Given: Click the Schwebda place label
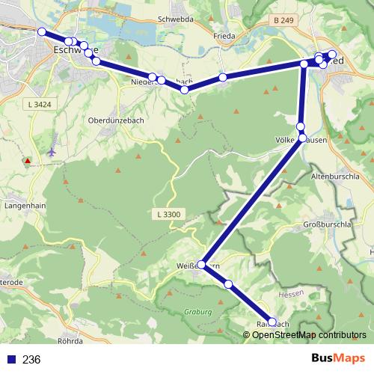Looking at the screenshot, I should (176, 20).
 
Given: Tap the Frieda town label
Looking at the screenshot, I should (224, 35).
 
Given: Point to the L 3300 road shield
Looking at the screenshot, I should (170, 215).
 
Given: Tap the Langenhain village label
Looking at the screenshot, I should (26, 203).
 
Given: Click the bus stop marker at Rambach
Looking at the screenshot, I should (272, 322).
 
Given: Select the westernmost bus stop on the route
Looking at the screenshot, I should (42, 31).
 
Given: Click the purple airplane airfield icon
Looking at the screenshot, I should (52, 152).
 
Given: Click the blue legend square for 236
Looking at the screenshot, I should (10, 359).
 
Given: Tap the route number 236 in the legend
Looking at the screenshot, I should (31, 359).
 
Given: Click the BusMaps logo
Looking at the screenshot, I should (334, 358).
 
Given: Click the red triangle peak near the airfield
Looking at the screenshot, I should (28, 161).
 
